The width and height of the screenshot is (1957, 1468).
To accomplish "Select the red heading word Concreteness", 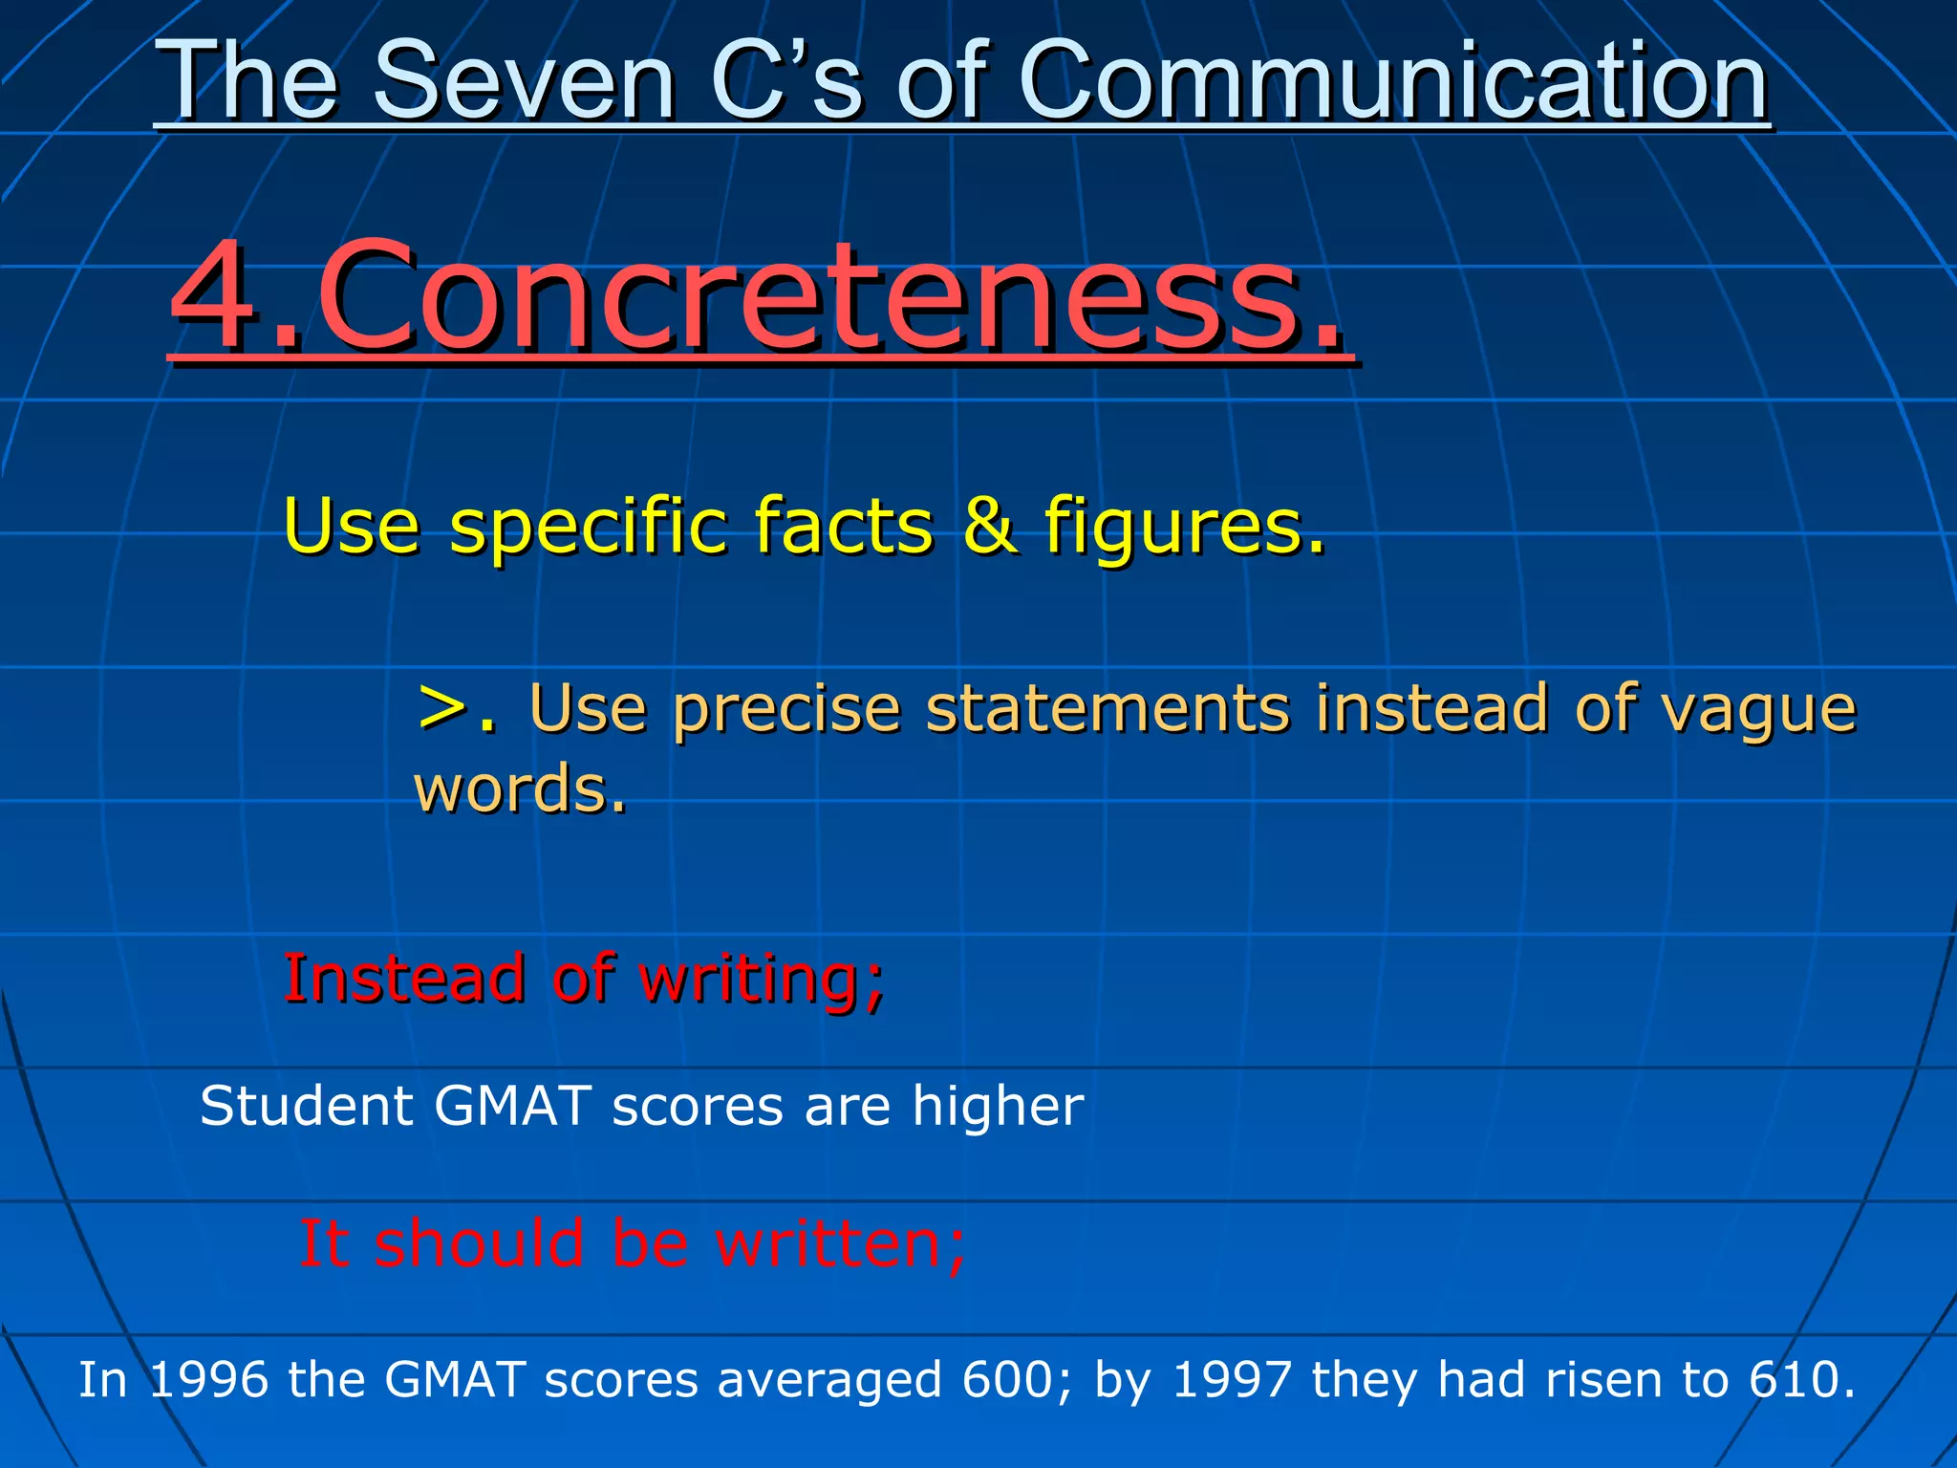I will pyautogui.click(x=831, y=296).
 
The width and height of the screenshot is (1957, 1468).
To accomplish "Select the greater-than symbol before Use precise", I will pyautogui.click(x=443, y=708).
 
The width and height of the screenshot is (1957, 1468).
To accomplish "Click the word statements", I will pyautogui.click(x=1108, y=708).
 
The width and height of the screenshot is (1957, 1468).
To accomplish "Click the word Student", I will pyautogui.click(x=306, y=1107).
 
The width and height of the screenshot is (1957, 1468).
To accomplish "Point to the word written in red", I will pyautogui.click(x=841, y=1244).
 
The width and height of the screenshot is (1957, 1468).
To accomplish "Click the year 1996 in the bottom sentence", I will pyautogui.click(x=209, y=1380).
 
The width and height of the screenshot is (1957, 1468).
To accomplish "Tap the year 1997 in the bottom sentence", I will pyautogui.click(x=1231, y=1380).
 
